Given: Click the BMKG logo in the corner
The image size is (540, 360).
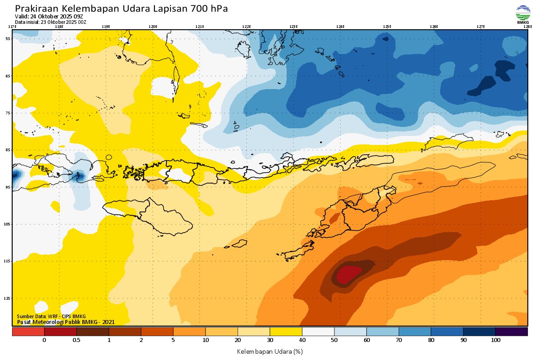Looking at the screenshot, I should (522, 14).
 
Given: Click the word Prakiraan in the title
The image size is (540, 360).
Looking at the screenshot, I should (36, 9).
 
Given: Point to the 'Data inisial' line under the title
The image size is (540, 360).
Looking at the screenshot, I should (50, 22).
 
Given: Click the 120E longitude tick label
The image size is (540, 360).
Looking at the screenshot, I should (153, 27).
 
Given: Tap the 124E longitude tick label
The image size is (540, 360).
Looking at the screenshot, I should (340, 27).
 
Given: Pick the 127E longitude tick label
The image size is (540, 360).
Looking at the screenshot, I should (481, 27).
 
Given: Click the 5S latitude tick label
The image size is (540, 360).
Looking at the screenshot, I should (8, 39).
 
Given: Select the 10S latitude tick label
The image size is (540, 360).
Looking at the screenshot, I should (7, 224).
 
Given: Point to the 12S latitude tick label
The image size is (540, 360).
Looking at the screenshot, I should (7, 298).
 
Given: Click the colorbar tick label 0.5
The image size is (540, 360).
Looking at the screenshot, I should (76, 340).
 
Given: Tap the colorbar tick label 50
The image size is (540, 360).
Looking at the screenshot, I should (334, 340).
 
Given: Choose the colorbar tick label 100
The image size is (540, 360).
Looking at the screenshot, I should (495, 340).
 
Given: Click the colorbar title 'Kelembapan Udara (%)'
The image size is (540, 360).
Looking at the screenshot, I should (270, 351).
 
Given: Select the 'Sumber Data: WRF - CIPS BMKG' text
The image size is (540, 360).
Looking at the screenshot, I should (51, 316).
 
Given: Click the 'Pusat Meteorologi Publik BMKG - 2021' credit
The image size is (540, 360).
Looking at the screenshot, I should (66, 322).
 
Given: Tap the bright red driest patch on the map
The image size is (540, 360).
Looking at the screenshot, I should (349, 274).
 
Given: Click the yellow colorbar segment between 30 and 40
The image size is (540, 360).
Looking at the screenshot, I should (286, 332).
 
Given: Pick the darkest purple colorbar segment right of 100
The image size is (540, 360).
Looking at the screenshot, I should (511, 332).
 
